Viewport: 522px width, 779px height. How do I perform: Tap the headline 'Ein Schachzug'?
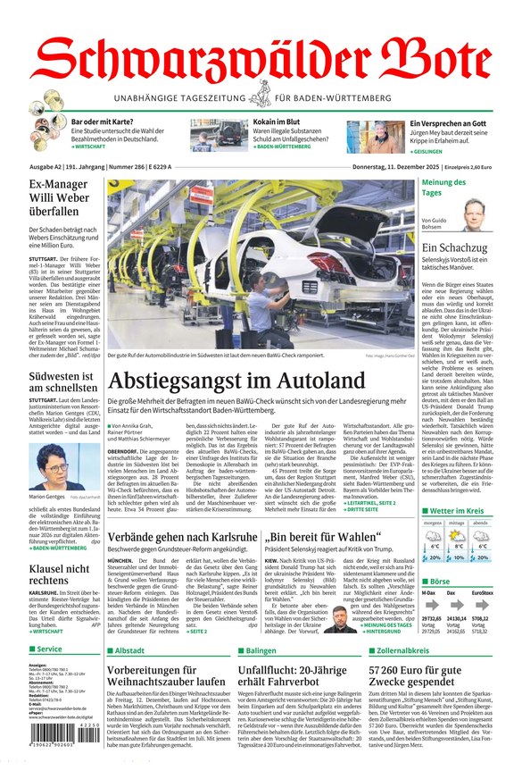coord(455,248)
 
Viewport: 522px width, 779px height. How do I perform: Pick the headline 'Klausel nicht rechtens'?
coord(58,574)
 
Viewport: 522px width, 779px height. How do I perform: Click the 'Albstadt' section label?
coord(129,650)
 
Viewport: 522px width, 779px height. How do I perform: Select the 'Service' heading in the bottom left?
coord(50,649)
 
